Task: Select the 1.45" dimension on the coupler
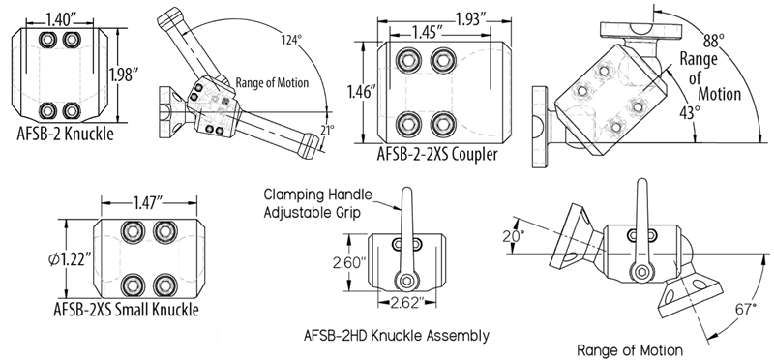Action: click(x=427, y=33)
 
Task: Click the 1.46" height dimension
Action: click(x=363, y=93)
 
